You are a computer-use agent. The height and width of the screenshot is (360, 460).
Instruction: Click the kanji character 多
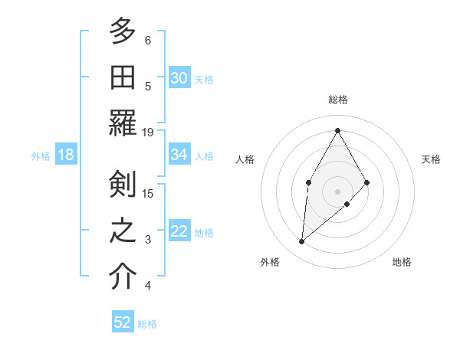coord(123,31)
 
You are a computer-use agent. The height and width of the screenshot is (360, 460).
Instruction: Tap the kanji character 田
coord(123,78)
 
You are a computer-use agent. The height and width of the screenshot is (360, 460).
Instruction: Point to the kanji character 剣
coord(123,185)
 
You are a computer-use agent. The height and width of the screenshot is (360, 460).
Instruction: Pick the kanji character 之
coord(123,231)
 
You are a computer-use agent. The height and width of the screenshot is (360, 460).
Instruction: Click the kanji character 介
coord(123,277)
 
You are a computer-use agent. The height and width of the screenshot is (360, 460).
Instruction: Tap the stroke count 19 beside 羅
coord(148,132)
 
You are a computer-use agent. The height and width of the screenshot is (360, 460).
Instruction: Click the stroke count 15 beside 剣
coord(148,193)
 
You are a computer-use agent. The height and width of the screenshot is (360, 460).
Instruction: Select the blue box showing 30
coord(179,78)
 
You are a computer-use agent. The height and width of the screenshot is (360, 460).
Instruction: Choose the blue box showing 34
coord(179,155)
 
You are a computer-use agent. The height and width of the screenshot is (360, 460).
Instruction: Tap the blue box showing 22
coord(179,231)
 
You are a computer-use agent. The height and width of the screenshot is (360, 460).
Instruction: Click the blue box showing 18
coord(66,155)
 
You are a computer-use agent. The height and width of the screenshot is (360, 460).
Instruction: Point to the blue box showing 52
coord(123,322)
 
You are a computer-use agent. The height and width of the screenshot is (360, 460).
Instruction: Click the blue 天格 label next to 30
coord(204,80)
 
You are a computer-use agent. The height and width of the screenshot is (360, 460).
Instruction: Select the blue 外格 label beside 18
coord(41,156)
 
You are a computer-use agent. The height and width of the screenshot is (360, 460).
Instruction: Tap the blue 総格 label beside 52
coord(147,324)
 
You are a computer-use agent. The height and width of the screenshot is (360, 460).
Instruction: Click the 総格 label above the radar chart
coord(337,100)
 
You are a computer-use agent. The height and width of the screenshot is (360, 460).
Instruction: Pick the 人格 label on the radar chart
coord(245,159)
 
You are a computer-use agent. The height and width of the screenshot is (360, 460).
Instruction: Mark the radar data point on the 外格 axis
coord(302,242)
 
